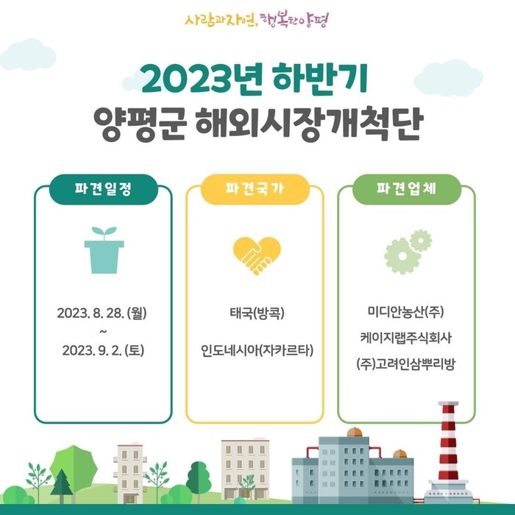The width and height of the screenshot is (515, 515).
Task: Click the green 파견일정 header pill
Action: (x=104, y=189)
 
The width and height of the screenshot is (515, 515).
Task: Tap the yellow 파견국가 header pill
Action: (x=255, y=189)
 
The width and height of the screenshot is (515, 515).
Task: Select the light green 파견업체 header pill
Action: (x=407, y=189)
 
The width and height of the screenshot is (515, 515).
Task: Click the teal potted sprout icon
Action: (x=104, y=250)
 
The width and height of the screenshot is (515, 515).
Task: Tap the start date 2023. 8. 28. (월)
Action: (x=102, y=313)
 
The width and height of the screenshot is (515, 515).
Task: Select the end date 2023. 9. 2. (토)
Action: (x=103, y=350)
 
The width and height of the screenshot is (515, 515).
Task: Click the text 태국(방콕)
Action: (x=257, y=313)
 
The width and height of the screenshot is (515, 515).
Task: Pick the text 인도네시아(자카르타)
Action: (x=257, y=350)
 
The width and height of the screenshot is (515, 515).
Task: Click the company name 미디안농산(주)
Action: (x=405, y=311)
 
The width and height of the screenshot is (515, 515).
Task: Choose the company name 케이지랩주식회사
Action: (x=405, y=337)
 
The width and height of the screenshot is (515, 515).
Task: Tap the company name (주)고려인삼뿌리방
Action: (x=405, y=364)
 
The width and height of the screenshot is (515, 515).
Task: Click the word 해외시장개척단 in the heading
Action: (x=309, y=123)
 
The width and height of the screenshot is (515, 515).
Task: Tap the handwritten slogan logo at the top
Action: (x=257, y=21)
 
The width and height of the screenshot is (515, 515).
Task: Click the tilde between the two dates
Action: (x=103, y=331)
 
